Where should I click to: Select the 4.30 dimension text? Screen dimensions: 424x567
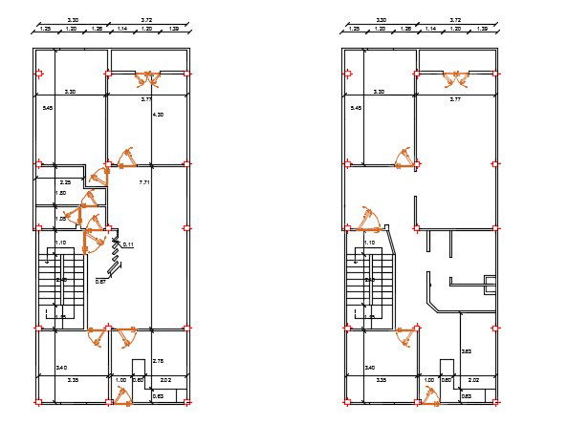(159, 115)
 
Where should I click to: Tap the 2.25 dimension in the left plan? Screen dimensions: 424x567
(66, 181)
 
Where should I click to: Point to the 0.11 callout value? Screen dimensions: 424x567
(127, 244)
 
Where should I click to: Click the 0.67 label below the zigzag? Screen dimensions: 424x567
(100, 282)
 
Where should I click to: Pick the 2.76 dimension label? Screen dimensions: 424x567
(159, 360)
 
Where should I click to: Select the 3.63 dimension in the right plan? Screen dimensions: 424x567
(466, 351)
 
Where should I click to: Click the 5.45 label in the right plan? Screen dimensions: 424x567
(357, 109)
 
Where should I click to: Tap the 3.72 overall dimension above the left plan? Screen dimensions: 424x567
(146, 19)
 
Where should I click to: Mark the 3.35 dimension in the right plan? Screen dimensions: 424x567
(382, 380)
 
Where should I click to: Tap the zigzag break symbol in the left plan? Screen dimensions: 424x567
(117, 255)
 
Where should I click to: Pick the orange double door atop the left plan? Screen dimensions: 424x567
(147, 78)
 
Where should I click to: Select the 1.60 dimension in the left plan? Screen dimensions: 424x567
(63, 194)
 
